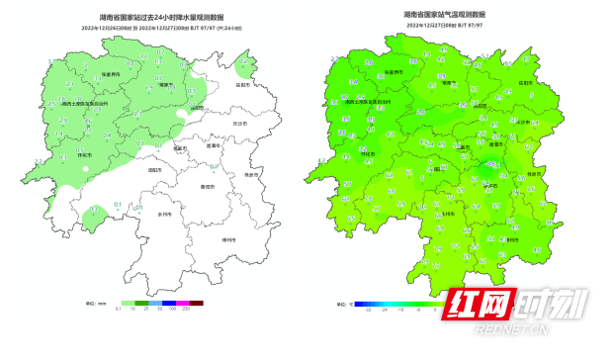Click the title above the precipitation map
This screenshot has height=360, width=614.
[148, 18]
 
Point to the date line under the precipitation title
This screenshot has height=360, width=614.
[148, 28]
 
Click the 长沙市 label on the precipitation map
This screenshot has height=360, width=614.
[241, 123]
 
